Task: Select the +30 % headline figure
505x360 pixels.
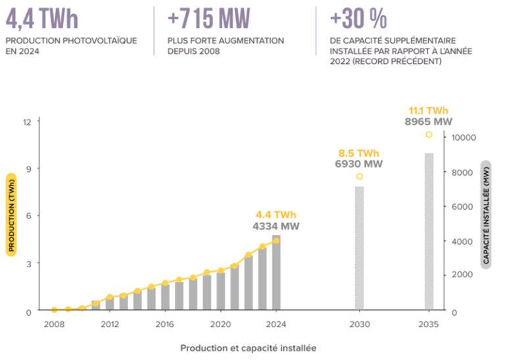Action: click(x=359, y=18)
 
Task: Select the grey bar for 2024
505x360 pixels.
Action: click(x=276, y=272)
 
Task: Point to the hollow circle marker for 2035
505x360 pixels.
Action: click(x=429, y=134)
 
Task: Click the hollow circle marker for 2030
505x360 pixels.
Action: click(x=360, y=176)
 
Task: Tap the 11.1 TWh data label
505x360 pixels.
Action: click(x=429, y=111)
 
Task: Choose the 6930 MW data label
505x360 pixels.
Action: click(x=359, y=163)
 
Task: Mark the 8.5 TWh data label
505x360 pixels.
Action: click(x=359, y=153)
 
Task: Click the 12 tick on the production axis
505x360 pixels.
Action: click(x=27, y=122)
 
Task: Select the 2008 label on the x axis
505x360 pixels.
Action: click(x=54, y=324)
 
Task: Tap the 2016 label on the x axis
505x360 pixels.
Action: click(x=165, y=324)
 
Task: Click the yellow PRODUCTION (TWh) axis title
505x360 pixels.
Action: click(x=12, y=214)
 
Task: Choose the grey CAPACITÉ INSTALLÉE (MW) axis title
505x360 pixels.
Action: click(x=487, y=213)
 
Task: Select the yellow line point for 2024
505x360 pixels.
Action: click(x=276, y=241)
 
